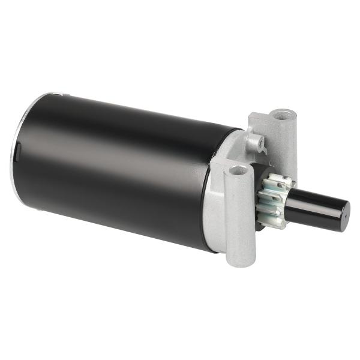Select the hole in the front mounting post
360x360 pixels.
click(x=238, y=170)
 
